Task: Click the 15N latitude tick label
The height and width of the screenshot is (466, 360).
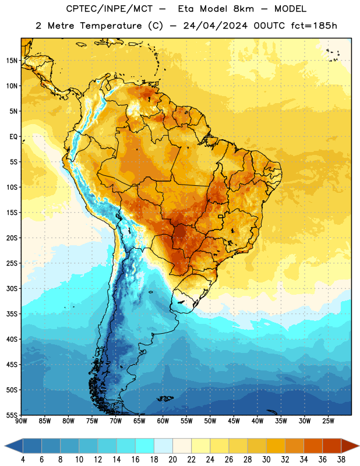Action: point(12,61)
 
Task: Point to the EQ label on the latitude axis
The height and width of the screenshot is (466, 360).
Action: point(13,137)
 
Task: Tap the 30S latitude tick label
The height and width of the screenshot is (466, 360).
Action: point(12,288)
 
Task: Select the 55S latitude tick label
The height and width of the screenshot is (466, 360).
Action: point(12,415)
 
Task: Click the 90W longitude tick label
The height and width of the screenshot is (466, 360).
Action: point(21,421)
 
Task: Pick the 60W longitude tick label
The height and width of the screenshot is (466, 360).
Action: point(163,421)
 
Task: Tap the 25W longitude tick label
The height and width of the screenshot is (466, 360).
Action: point(328,421)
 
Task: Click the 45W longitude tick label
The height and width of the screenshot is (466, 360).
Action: point(234,421)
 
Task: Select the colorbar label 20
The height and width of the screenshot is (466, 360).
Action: point(172,460)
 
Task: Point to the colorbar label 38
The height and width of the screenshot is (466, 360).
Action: point(341,460)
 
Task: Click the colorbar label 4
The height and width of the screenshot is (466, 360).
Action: point(23,460)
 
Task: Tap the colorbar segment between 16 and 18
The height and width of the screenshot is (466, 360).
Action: point(145,446)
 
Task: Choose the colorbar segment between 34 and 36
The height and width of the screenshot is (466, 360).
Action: point(313,446)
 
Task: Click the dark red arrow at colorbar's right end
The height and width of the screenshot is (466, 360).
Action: point(350,446)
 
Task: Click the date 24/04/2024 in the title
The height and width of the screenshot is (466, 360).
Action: point(215,26)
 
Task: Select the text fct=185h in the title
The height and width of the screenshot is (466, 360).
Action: point(314,26)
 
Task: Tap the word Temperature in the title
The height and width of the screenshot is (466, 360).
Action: point(111,26)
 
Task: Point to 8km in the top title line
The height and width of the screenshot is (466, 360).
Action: point(243,9)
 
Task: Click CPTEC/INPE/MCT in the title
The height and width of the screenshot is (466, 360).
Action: point(109,9)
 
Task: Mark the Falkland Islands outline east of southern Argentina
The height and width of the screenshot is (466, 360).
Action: point(165,398)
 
